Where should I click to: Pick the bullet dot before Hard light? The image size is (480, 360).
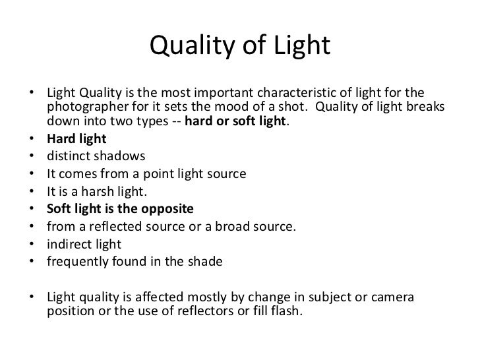(33, 140)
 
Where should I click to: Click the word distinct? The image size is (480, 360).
(67, 157)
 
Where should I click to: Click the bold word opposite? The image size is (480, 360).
(168, 210)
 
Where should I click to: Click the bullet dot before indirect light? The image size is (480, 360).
(33, 245)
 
